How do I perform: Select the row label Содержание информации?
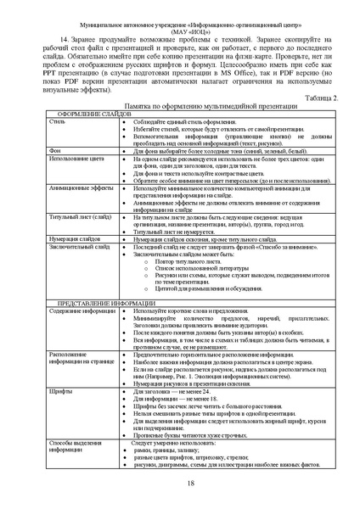point(81,311)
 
